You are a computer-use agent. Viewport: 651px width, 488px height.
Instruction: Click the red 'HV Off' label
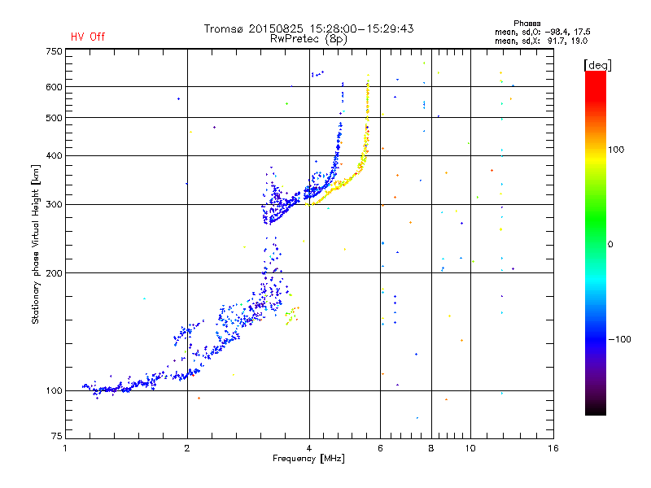click(x=88, y=37)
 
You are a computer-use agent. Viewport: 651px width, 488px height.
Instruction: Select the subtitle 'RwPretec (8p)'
click(x=308, y=39)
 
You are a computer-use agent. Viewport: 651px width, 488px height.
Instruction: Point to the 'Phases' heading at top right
click(x=526, y=24)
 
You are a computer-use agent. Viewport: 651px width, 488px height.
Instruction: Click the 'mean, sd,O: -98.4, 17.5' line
click(x=542, y=32)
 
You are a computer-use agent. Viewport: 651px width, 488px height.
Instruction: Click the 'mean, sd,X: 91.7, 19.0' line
click(x=541, y=41)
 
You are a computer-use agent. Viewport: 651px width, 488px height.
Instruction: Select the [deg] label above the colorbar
click(x=597, y=65)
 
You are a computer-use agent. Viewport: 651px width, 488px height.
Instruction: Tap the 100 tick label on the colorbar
click(x=616, y=150)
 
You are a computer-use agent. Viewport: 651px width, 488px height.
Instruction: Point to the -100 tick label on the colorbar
click(x=619, y=339)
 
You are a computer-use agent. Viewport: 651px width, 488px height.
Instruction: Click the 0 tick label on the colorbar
click(x=610, y=245)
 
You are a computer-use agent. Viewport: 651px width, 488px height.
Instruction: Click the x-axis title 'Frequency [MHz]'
click(x=308, y=459)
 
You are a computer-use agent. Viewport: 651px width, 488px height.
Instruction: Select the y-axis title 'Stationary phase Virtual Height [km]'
click(x=36, y=244)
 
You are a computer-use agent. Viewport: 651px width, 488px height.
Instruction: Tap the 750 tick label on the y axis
click(x=54, y=51)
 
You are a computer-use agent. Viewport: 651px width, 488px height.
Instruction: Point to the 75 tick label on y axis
click(x=57, y=436)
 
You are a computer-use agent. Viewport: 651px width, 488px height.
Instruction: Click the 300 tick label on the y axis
click(x=54, y=205)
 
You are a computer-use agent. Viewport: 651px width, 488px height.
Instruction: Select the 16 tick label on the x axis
click(x=553, y=448)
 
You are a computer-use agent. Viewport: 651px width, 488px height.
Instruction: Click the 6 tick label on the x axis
click(x=380, y=448)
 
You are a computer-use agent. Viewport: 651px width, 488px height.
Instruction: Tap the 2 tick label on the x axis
click(x=187, y=448)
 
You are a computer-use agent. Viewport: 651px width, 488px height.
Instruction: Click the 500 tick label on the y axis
click(x=54, y=118)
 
